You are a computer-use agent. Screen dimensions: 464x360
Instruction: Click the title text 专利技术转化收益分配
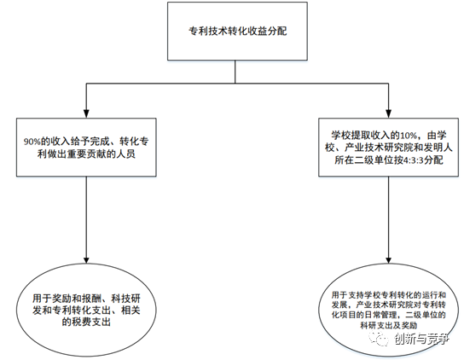coord(238,31)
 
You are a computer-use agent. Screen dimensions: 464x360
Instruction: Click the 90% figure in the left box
coord(32,142)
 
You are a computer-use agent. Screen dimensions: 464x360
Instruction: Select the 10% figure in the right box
coord(408,136)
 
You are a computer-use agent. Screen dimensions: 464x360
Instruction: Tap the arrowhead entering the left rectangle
coord(86,113)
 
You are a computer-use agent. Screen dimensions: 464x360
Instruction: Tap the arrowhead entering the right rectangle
coord(389,113)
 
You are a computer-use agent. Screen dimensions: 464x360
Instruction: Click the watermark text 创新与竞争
coord(421,339)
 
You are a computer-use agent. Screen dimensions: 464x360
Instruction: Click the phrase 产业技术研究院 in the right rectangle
coord(379,148)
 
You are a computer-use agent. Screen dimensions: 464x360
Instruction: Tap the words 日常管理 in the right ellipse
coord(382,315)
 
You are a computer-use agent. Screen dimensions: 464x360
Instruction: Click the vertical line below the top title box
coord(235,72)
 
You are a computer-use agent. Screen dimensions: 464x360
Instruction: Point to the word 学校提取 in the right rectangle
coord(351,136)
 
